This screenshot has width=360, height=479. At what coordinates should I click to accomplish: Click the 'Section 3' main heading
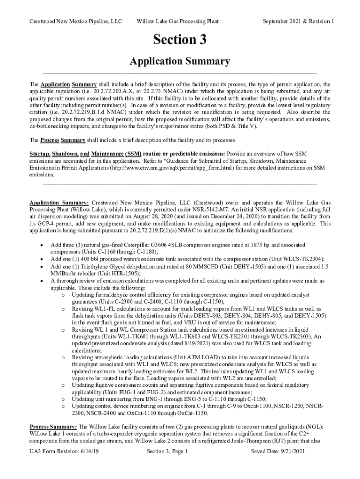(180, 40)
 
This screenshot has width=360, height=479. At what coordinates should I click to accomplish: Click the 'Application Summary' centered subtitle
(180, 61)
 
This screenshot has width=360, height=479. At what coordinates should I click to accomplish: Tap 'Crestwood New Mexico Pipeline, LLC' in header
(75, 22)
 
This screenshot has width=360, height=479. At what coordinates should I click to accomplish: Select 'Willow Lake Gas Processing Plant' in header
(177, 22)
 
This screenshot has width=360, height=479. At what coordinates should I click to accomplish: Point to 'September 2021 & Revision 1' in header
(298, 22)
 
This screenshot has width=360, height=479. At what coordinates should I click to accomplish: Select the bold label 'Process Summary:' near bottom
(53, 427)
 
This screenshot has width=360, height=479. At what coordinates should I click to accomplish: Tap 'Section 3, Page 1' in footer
(167, 451)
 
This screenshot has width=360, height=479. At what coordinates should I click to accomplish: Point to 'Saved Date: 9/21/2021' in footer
(278, 451)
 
